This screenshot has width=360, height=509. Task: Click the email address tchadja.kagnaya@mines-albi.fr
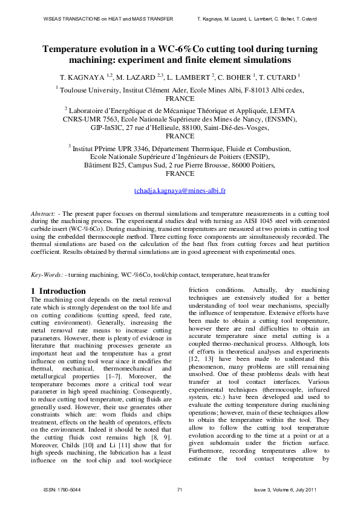tap(180, 190)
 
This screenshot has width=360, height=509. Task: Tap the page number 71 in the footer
tap(180, 488)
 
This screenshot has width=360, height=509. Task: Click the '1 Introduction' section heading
tap(58, 291)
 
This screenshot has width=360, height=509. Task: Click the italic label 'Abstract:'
tap(44, 215)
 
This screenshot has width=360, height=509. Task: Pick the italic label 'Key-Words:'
tap(47, 274)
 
